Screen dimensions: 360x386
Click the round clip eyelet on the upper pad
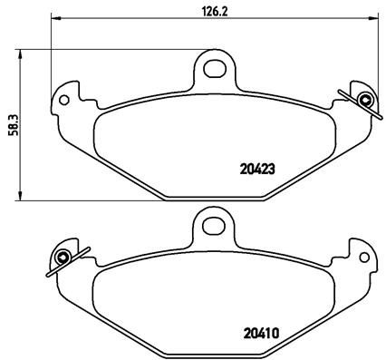(365, 100)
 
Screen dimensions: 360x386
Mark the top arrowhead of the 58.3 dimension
(21, 53)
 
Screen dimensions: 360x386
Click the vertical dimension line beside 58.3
(21, 91)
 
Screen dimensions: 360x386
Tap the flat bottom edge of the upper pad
(213, 198)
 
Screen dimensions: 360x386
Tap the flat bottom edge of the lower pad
(213, 353)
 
